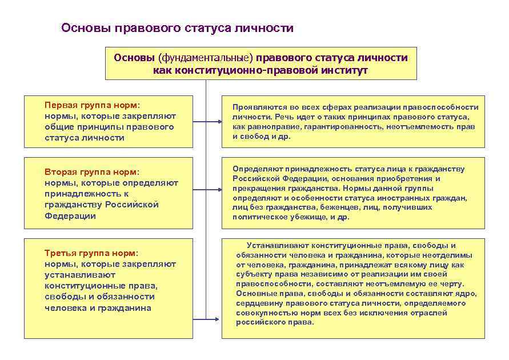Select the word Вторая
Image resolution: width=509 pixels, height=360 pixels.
[60, 172]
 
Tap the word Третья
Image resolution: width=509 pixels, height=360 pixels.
[59, 253]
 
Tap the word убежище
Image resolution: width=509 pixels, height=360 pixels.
[308, 217]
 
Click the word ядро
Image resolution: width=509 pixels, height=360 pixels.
[467, 294]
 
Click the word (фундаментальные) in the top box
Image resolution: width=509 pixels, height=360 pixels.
[205, 58]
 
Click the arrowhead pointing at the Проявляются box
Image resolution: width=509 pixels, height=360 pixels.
[220, 122]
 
